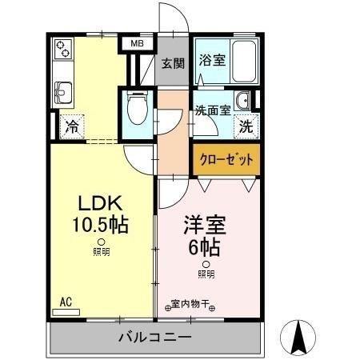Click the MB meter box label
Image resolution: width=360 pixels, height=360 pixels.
[138, 45]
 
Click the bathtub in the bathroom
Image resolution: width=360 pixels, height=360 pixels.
[243, 61]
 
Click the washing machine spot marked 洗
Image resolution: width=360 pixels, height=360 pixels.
[246, 126]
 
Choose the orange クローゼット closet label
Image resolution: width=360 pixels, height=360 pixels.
[225, 159]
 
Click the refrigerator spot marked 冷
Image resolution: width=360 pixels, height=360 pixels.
[71, 126]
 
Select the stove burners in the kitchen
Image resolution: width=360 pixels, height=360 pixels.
[63, 52]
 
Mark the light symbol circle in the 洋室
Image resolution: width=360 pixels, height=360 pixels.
[206, 264]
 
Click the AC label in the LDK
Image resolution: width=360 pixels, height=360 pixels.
[66, 302]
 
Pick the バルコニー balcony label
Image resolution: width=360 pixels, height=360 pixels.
[155, 336]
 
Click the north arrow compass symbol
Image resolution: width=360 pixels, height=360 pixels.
[299, 338]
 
